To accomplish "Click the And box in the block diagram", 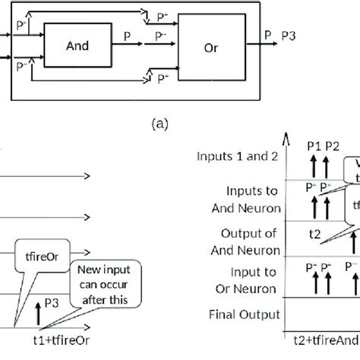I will pos(77,46).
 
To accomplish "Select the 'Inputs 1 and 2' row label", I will pos(238,156).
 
